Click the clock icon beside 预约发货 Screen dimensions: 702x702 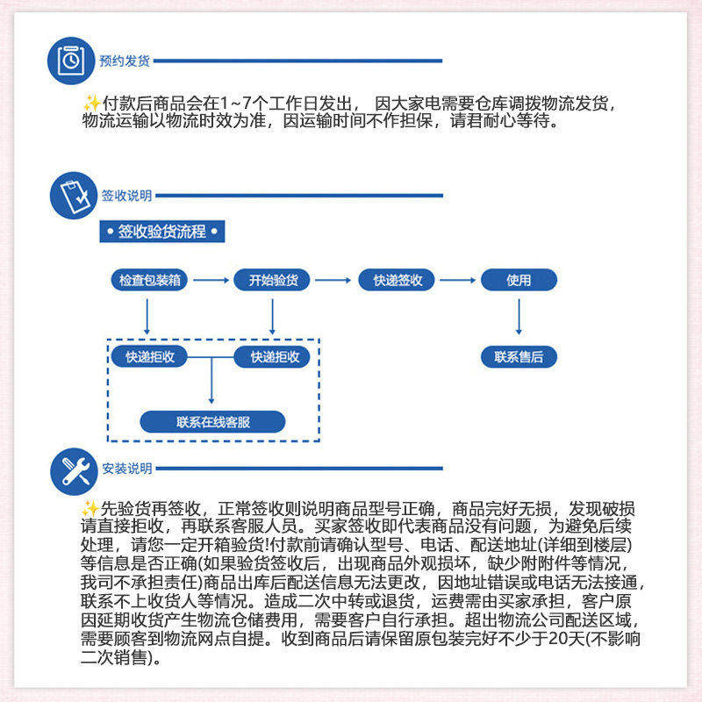point(71,60)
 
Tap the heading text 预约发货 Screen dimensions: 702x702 point(125,61)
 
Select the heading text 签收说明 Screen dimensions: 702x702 point(126,196)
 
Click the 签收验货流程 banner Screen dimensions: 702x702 point(162,232)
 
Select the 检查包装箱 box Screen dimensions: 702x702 point(149,280)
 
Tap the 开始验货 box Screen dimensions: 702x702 point(273,280)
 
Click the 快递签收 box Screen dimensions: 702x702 point(398,280)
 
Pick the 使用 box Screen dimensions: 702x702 point(519,280)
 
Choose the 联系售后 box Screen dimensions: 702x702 point(519,356)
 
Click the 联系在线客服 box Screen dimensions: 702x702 point(213,422)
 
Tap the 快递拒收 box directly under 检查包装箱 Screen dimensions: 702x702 point(149,356)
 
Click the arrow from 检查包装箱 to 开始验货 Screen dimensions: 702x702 point(211,280)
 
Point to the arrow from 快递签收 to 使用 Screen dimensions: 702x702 point(457,280)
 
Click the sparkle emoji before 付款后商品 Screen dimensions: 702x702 point(90,103)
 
